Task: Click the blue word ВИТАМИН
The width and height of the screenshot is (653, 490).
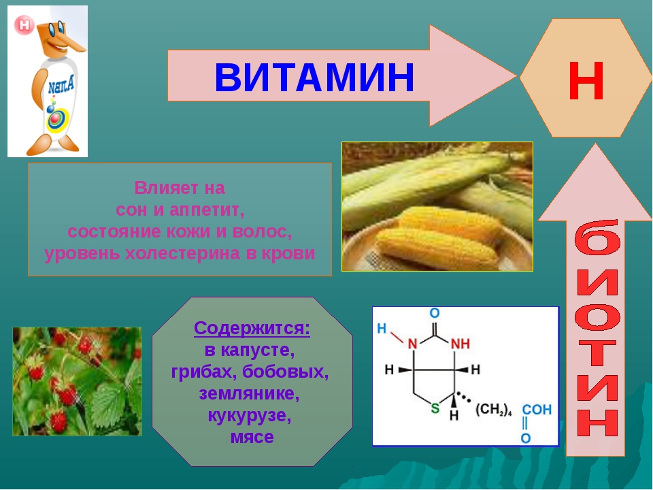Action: pos(314,77)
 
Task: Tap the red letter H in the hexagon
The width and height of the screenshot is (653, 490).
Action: pos(586,81)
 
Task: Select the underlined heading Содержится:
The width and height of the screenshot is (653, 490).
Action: pos(252,328)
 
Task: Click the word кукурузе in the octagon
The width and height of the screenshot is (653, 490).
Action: pos(249,415)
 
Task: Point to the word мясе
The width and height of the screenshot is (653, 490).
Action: pos(252,437)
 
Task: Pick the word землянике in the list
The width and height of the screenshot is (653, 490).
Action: pos(249,393)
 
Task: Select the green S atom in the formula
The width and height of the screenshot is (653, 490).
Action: pos(435,408)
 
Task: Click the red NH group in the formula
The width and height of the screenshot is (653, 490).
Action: pos(461,344)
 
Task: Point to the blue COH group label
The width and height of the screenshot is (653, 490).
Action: pos(537,410)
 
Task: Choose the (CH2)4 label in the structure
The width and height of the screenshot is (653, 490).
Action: pos(494,410)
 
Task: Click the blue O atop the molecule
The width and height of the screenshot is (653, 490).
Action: pos(435,313)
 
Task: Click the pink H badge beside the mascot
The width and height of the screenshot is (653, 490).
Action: pos(24,25)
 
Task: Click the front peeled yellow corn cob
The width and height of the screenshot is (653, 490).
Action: pos(437,249)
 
